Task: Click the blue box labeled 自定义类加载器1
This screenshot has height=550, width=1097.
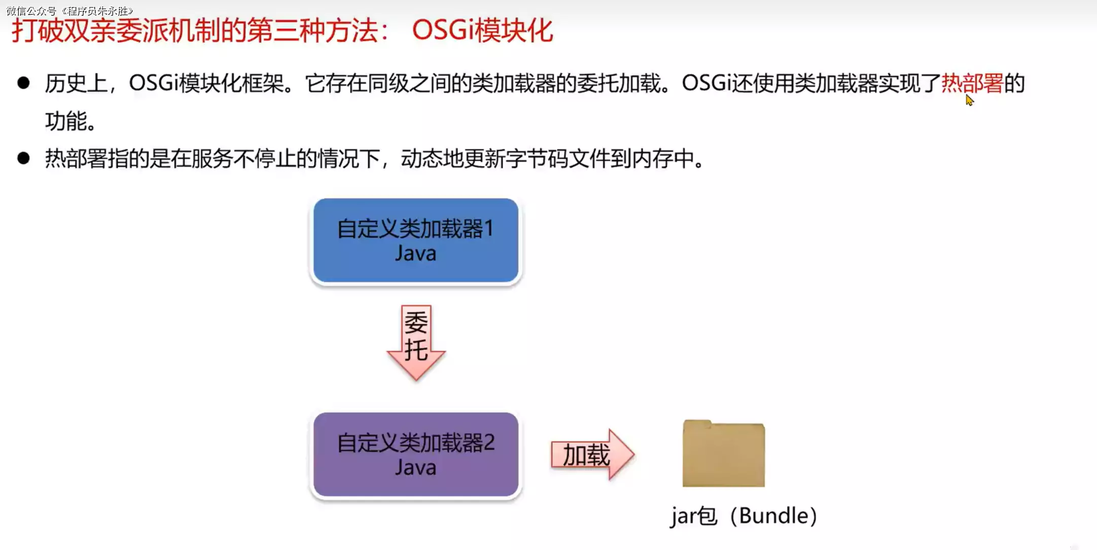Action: tap(415, 240)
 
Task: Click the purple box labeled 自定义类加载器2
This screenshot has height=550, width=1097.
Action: tap(415, 454)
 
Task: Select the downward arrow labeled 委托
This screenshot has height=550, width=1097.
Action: tap(416, 342)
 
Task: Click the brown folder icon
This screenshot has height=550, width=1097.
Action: tap(723, 454)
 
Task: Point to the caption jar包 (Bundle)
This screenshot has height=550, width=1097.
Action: tap(743, 516)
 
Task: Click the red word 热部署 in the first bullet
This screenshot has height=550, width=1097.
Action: tap(972, 83)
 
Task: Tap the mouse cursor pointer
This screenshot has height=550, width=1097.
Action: tap(969, 100)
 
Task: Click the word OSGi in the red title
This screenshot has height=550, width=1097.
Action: tap(442, 30)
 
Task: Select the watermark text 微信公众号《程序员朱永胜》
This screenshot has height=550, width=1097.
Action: tap(70, 11)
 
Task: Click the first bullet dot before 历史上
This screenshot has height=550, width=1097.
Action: tap(23, 83)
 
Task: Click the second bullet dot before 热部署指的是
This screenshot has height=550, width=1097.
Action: tap(23, 158)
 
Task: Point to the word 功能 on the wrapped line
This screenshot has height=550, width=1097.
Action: tap(66, 121)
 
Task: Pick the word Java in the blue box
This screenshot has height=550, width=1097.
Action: tap(415, 253)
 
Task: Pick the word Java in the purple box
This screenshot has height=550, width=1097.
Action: tap(415, 467)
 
